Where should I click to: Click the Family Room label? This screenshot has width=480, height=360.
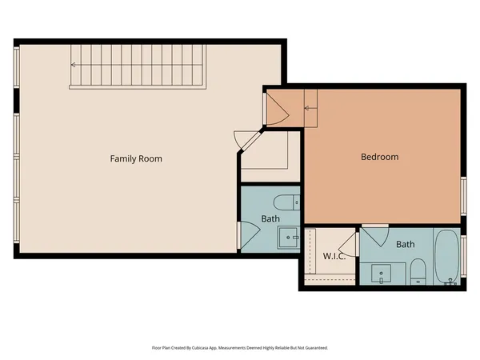(x=136, y=158)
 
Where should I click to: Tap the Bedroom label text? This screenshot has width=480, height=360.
(x=379, y=157)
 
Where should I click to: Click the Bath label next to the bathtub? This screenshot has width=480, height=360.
(x=406, y=244)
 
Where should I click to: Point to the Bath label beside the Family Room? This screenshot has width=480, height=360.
(x=271, y=219)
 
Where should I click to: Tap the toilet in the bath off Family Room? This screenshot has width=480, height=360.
(x=286, y=202)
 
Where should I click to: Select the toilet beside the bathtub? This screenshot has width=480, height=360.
(x=417, y=270)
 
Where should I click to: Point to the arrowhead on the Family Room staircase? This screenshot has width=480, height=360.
(x=73, y=66)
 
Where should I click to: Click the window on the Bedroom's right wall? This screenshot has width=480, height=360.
(x=463, y=197)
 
